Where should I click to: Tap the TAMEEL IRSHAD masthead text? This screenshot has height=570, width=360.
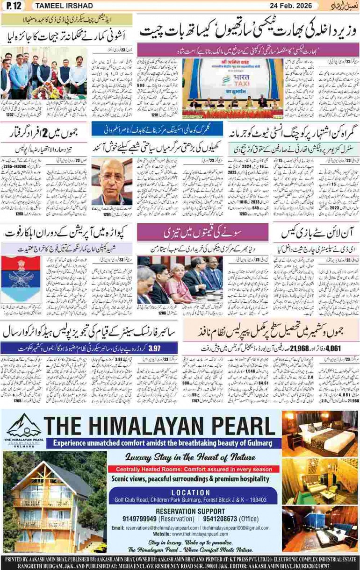coord(66,6)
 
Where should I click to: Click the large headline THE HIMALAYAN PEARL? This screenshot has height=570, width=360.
coord(164,426)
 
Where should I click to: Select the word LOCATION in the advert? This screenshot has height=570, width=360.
coord(191,492)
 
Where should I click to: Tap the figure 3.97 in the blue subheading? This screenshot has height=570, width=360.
coord(154,348)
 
